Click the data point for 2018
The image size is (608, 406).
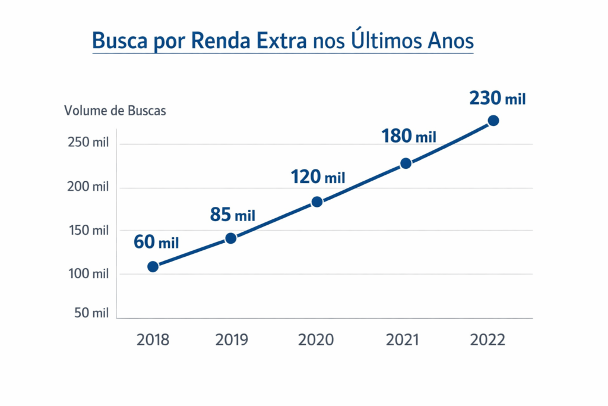(x=153, y=266)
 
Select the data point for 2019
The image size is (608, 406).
(x=231, y=238)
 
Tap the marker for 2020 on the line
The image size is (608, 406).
(x=317, y=202)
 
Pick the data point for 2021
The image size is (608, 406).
(x=406, y=163)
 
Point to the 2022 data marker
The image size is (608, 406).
(x=493, y=121)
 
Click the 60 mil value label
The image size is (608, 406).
(x=156, y=242)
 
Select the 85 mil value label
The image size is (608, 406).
(x=233, y=215)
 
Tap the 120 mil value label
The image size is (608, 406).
(x=318, y=177)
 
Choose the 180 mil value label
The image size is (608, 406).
(x=408, y=136)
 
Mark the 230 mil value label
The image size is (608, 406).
(x=498, y=98)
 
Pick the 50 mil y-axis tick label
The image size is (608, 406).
(x=91, y=313)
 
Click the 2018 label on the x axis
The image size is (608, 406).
(x=153, y=340)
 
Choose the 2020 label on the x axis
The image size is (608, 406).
(x=316, y=340)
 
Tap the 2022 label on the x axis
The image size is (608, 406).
(x=487, y=340)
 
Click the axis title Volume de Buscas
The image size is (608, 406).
(x=115, y=111)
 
